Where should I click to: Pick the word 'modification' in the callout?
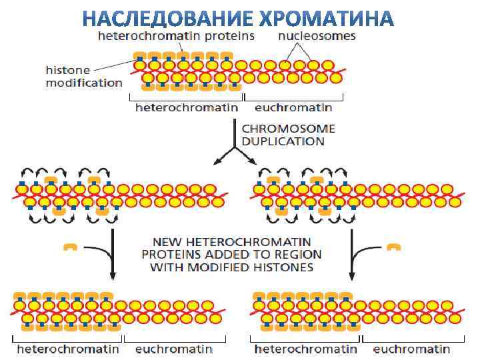tap(84, 83)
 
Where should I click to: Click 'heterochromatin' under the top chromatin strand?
tap(187, 107)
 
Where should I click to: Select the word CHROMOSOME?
tap(288, 129)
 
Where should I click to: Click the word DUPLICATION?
tap(283, 141)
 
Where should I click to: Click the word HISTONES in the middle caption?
tap(279, 267)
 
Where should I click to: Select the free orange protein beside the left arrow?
tap(70, 247)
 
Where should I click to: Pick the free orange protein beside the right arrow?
tap(394, 247)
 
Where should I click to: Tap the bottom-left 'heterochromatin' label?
tap(68, 349)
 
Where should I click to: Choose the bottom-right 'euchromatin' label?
tap(411, 349)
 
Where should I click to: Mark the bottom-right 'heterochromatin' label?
tap(306, 349)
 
